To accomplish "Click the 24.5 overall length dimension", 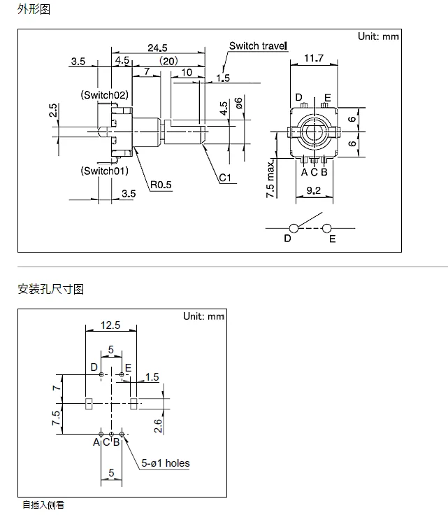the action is [x=157, y=48].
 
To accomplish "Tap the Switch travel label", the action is [x=258, y=46].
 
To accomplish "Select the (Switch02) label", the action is [x=104, y=95].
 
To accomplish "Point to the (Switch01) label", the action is [x=104, y=171].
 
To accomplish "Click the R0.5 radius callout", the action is [x=161, y=185].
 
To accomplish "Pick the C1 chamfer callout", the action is [x=225, y=178].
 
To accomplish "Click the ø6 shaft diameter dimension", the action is [x=239, y=103].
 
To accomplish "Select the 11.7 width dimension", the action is [x=314, y=58].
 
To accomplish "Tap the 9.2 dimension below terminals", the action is [x=314, y=190].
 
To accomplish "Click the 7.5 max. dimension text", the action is [x=270, y=179].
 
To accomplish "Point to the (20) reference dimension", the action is [x=168, y=61].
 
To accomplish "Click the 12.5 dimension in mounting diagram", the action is [x=110, y=325].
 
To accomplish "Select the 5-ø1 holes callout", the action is [x=166, y=463].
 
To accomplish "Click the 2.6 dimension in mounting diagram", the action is [x=158, y=425].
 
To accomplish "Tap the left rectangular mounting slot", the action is [x=89, y=404].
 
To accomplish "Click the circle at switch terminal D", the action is [x=294, y=228].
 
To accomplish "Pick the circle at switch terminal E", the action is [x=327, y=228].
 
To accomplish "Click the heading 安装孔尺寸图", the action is [x=51, y=289].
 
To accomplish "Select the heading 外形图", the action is [x=34, y=9].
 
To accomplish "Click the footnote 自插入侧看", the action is [x=43, y=505].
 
